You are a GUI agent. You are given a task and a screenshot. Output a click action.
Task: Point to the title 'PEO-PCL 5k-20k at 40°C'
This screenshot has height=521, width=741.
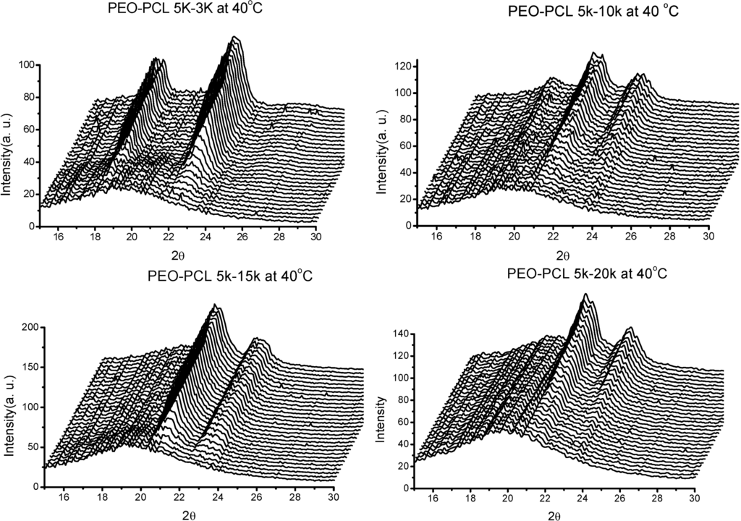pos(575,274)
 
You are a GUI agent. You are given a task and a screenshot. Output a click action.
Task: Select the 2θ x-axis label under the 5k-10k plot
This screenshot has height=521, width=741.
pos(562,255)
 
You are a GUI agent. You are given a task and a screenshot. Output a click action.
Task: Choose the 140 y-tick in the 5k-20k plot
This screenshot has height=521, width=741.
pos(400,334)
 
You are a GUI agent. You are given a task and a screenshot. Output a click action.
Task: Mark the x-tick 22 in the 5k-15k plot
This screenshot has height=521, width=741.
pos(179,497)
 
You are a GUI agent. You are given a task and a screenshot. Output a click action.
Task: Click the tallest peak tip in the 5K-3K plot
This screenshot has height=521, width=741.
pos(234,37)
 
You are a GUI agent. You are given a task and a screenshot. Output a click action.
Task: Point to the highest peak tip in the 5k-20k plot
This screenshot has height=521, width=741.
pos(585,294)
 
